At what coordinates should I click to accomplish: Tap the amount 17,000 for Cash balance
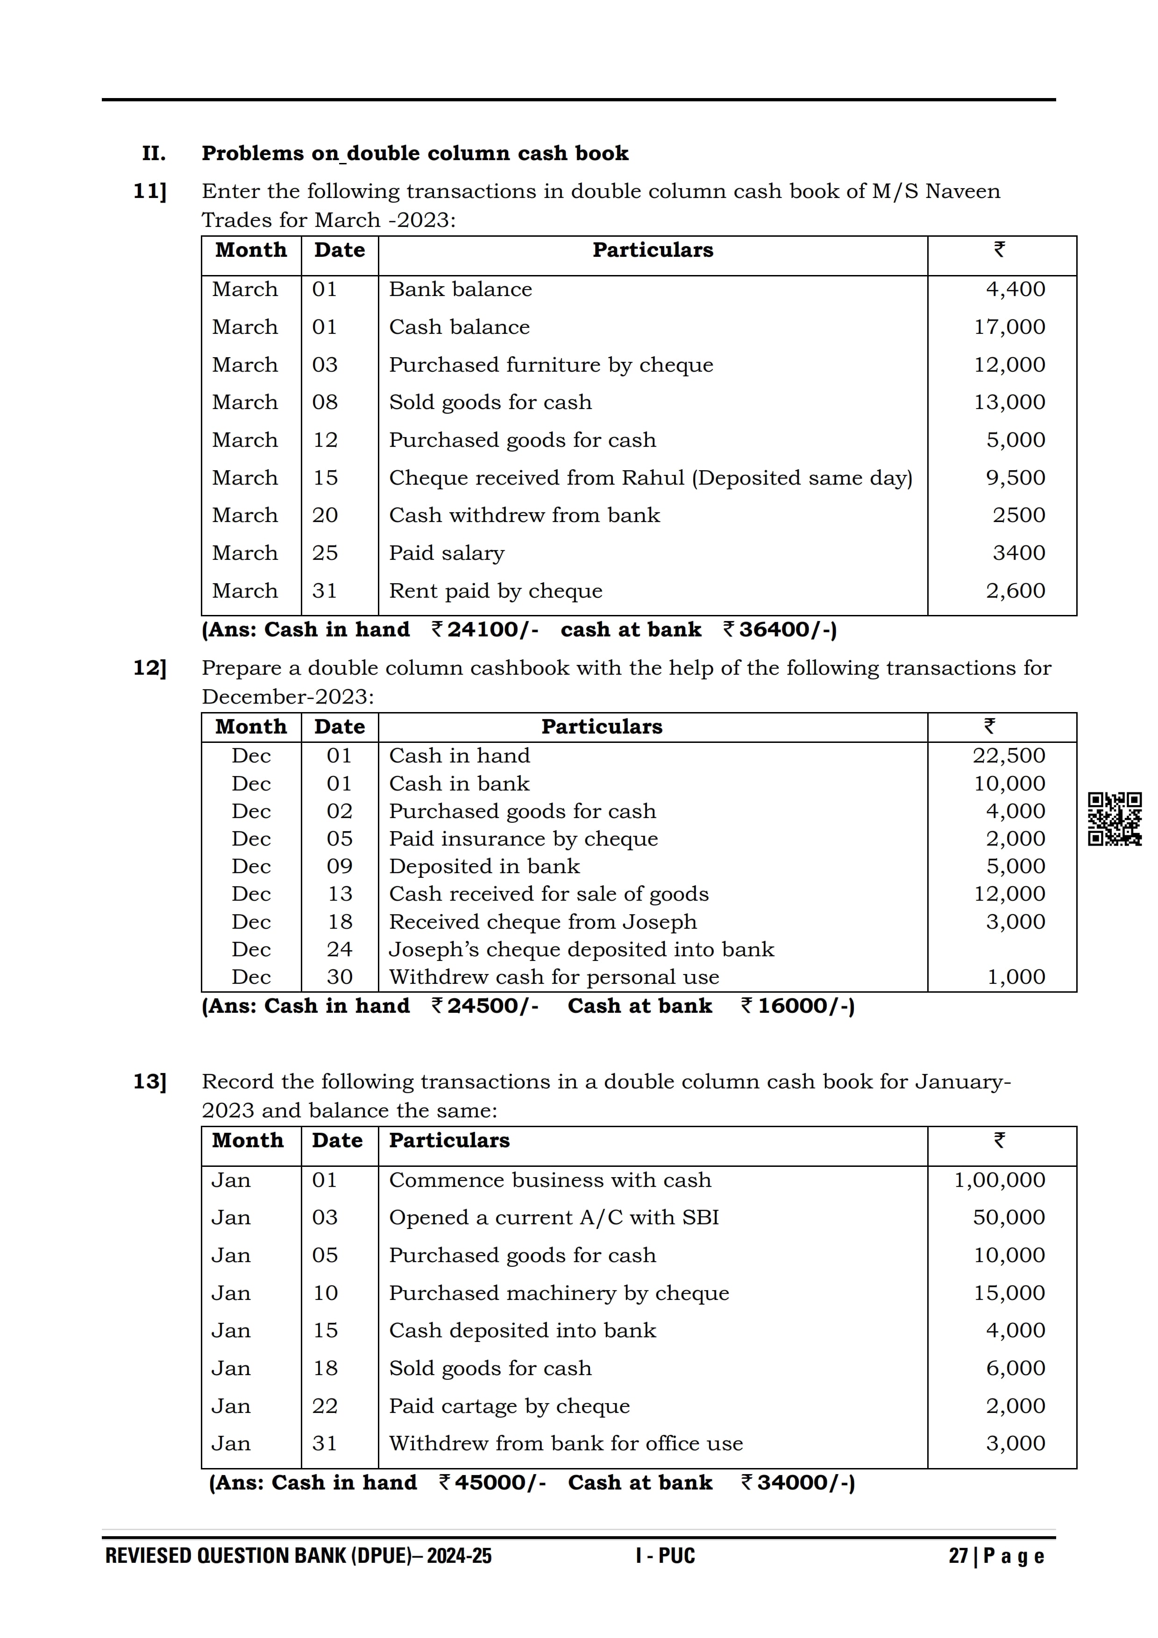coord(1009,327)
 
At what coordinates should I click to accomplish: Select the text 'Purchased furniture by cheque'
coord(550,365)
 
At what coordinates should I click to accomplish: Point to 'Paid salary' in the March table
coord(446,553)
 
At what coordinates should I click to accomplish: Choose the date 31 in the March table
coord(325,591)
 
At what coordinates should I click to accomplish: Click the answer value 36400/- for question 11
coord(787,629)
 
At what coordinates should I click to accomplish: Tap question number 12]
coord(150,668)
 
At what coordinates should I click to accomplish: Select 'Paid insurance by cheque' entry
coord(523,838)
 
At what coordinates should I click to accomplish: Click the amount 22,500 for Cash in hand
coord(1008,755)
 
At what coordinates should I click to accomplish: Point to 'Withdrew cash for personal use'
coord(554,977)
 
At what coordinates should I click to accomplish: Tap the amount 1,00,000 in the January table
coord(999,1179)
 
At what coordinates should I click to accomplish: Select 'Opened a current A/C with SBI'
coord(554,1217)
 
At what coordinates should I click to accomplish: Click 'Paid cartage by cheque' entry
coord(509,1405)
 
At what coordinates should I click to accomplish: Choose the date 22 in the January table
coord(325,1405)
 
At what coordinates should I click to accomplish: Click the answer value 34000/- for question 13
coord(805,1482)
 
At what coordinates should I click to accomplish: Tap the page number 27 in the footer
coord(958,1556)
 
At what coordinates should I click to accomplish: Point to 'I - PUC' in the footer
coord(665,1556)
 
